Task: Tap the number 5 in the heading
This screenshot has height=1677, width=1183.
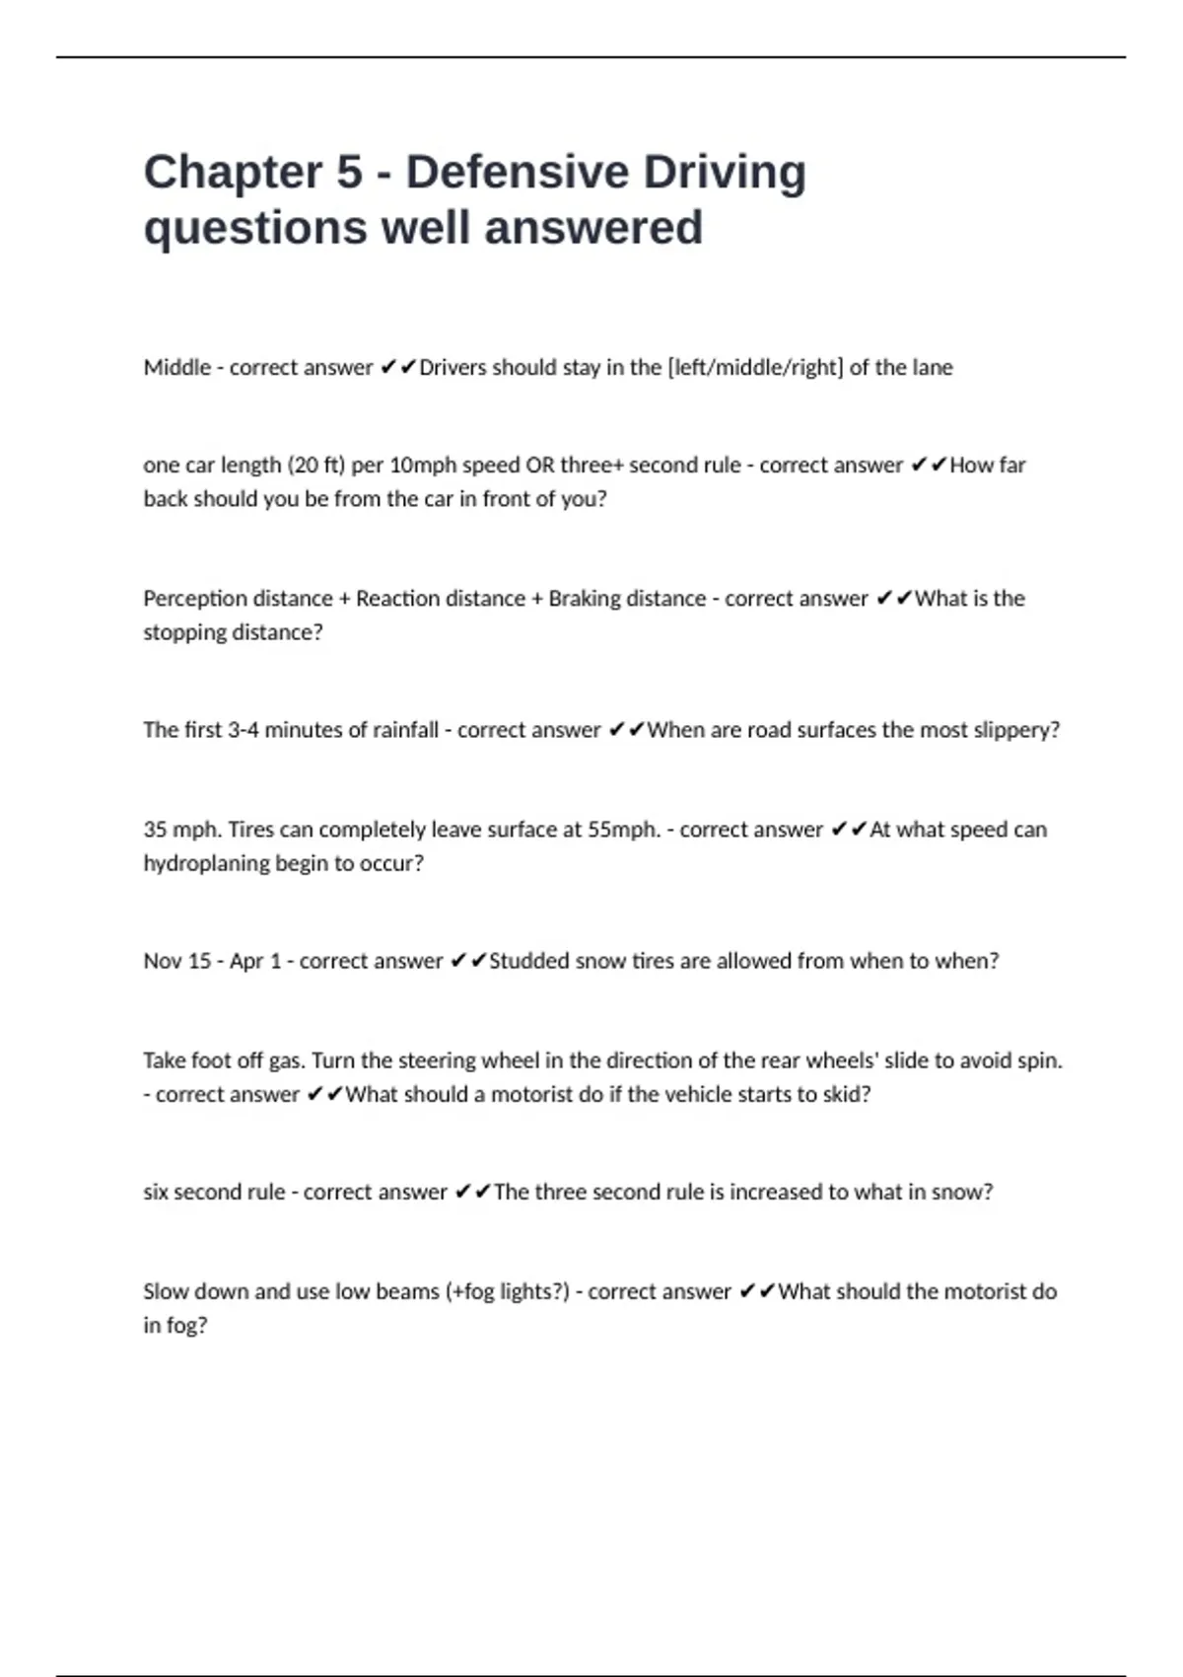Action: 350,173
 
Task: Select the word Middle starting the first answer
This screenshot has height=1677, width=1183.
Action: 177,368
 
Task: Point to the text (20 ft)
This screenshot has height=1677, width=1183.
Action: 316,466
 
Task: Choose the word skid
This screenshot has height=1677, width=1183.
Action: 847,1094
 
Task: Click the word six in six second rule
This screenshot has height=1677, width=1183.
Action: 156,1192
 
